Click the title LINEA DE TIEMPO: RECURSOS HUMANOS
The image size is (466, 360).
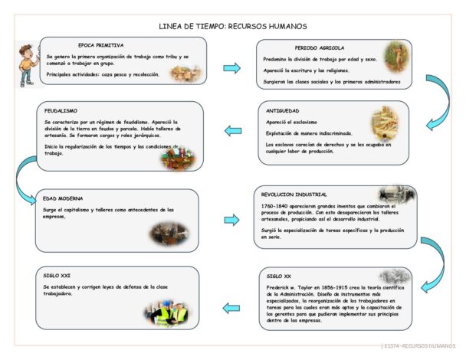pos(232,26)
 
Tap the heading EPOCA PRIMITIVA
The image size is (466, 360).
pos(100,45)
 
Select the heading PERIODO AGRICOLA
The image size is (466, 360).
pos(319,47)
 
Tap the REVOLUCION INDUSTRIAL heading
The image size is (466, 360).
pos(295,195)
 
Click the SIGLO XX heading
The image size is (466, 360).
pos(279,275)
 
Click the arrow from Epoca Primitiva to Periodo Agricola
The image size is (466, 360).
pos(231,69)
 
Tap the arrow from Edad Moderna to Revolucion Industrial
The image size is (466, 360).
pos(231,221)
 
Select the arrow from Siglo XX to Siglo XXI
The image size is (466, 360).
pos(229,308)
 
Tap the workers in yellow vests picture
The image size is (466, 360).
pos(166,313)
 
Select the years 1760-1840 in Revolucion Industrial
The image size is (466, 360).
pos(274,206)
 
